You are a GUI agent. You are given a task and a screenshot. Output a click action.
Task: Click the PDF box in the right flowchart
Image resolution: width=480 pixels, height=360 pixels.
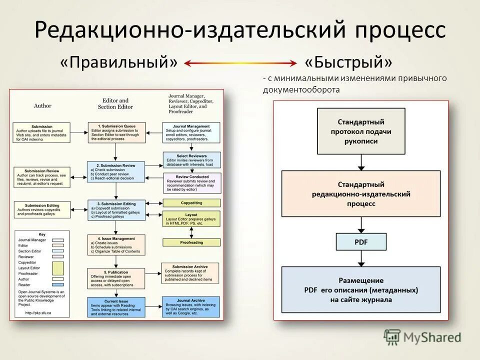click(361, 242)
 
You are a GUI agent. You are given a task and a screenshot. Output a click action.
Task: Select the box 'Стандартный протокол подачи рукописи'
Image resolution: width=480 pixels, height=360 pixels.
click(361, 131)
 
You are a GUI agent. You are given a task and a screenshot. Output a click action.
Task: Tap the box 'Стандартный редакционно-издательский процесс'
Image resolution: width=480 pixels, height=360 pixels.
click(361, 194)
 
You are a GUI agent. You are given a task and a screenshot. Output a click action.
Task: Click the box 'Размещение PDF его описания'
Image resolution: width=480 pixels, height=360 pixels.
click(361, 290)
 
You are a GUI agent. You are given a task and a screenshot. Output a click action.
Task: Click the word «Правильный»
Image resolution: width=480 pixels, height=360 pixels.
click(119, 63)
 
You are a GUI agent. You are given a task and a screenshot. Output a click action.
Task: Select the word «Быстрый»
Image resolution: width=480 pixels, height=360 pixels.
click(348, 63)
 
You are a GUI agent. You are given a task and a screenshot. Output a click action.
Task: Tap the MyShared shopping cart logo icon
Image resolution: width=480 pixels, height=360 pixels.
click(392, 336)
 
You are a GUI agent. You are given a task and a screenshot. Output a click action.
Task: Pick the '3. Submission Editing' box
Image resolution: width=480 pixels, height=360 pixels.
click(116, 209)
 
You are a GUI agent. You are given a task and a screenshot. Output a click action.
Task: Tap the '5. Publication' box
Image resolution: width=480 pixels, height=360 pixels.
click(116, 278)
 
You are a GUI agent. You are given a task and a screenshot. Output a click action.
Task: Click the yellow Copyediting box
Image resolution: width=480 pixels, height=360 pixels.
click(191, 203)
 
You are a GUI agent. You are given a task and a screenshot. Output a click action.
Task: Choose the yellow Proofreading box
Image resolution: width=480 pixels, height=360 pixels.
click(191, 242)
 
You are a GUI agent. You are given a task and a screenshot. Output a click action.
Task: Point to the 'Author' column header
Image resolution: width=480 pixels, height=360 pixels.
click(42, 105)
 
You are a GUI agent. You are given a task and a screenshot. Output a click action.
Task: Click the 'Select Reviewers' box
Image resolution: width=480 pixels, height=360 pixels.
click(191, 159)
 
